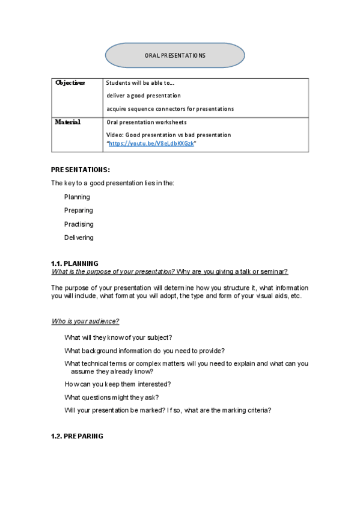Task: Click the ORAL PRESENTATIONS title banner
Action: click(x=175, y=55)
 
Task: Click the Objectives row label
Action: click(x=70, y=83)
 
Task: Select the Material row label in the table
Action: click(x=68, y=122)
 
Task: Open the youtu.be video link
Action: click(x=151, y=144)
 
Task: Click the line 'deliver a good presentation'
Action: click(x=144, y=96)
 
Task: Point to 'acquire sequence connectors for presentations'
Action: click(x=170, y=109)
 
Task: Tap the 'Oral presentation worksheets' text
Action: click(x=146, y=123)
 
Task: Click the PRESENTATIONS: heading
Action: click(x=80, y=170)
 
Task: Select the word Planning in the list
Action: click(x=77, y=197)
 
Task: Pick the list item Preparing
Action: click(x=79, y=210)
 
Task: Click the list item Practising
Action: click(x=79, y=224)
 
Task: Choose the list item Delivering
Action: click(x=79, y=238)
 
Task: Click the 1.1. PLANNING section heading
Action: click(x=75, y=264)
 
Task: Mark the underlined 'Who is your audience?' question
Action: click(x=85, y=321)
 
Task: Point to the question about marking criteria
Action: click(x=168, y=410)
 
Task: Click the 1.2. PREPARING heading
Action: click(x=77, y=436)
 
